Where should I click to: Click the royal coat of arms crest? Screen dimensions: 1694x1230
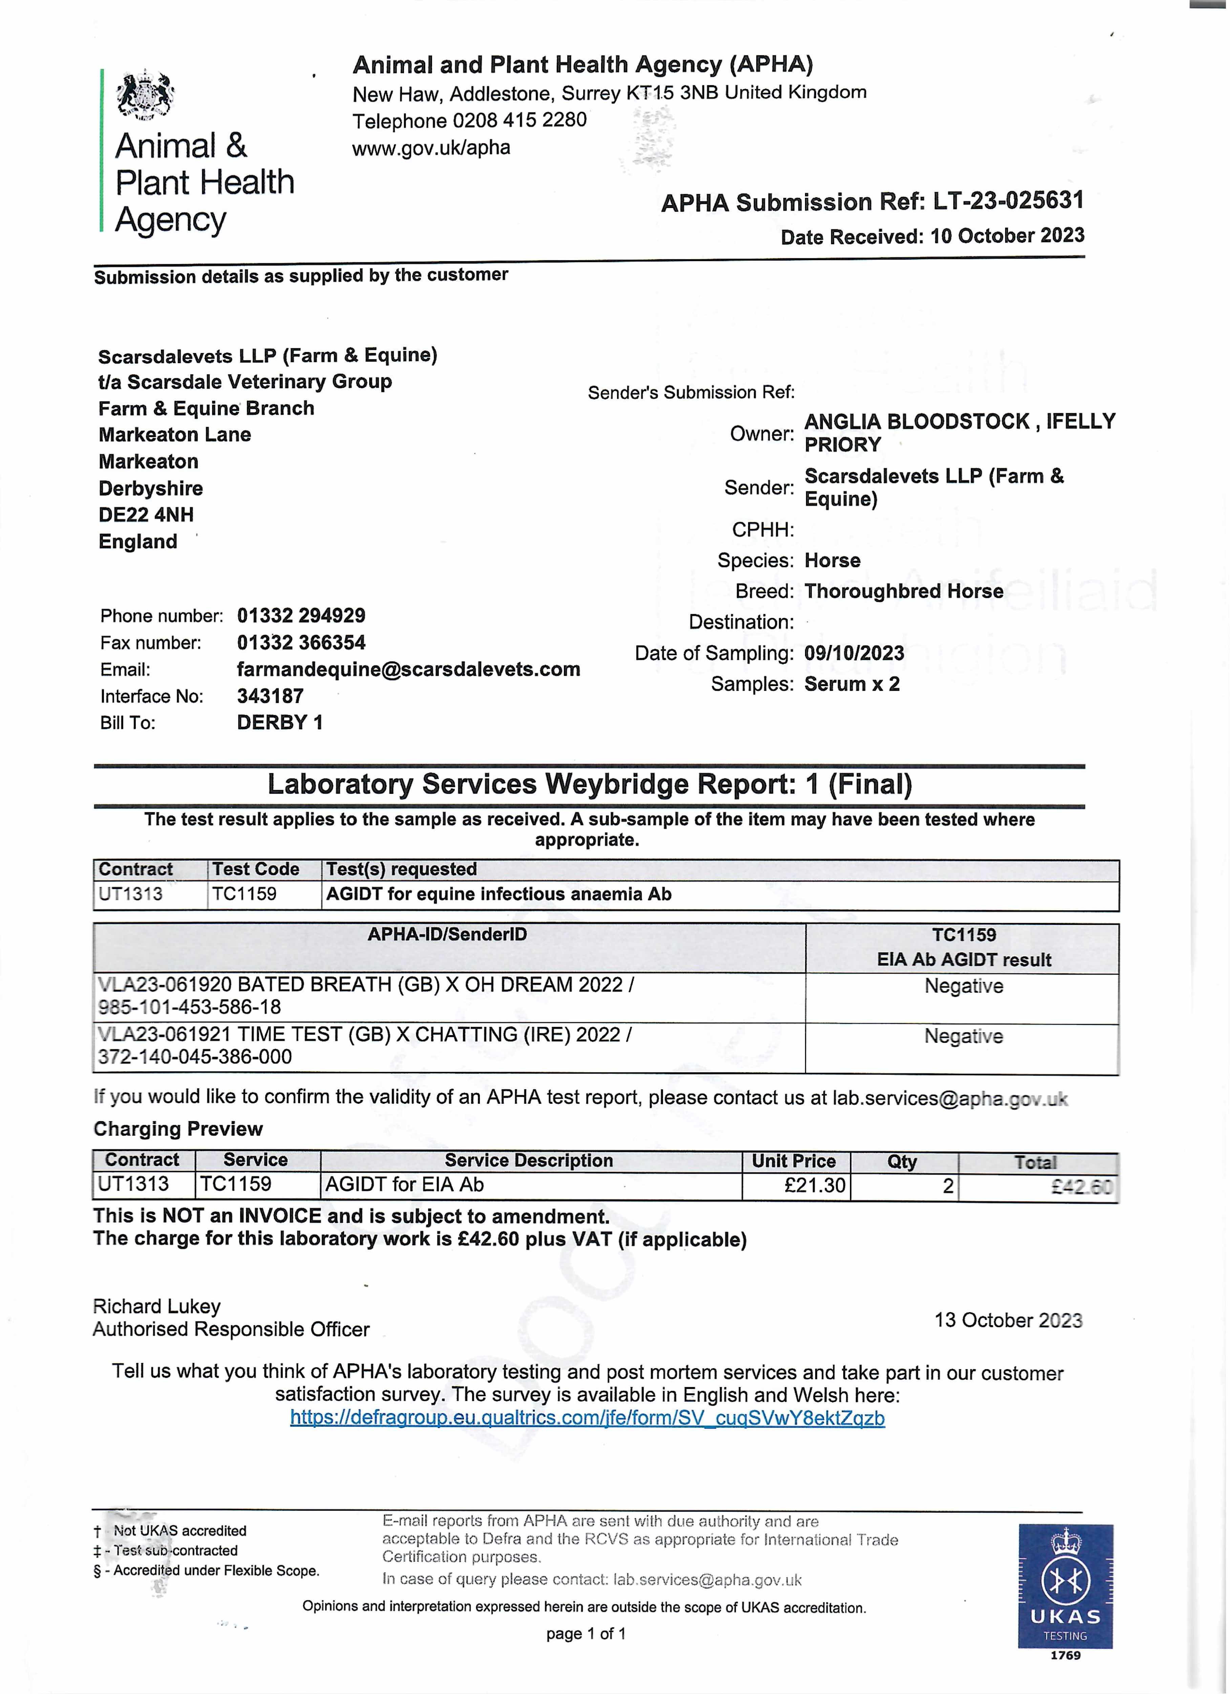[146, 95]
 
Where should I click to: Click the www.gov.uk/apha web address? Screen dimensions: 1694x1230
[431, 148]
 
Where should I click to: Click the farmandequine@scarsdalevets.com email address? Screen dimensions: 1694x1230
[408, 669]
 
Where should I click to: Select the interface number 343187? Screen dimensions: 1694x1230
[270, 696]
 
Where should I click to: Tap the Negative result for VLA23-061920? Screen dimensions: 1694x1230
[963, 986]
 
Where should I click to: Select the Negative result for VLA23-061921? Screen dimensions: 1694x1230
[963, 1036]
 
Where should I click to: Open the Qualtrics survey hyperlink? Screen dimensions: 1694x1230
[587, 1418]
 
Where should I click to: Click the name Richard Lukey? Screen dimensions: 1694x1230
[157, 1306]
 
